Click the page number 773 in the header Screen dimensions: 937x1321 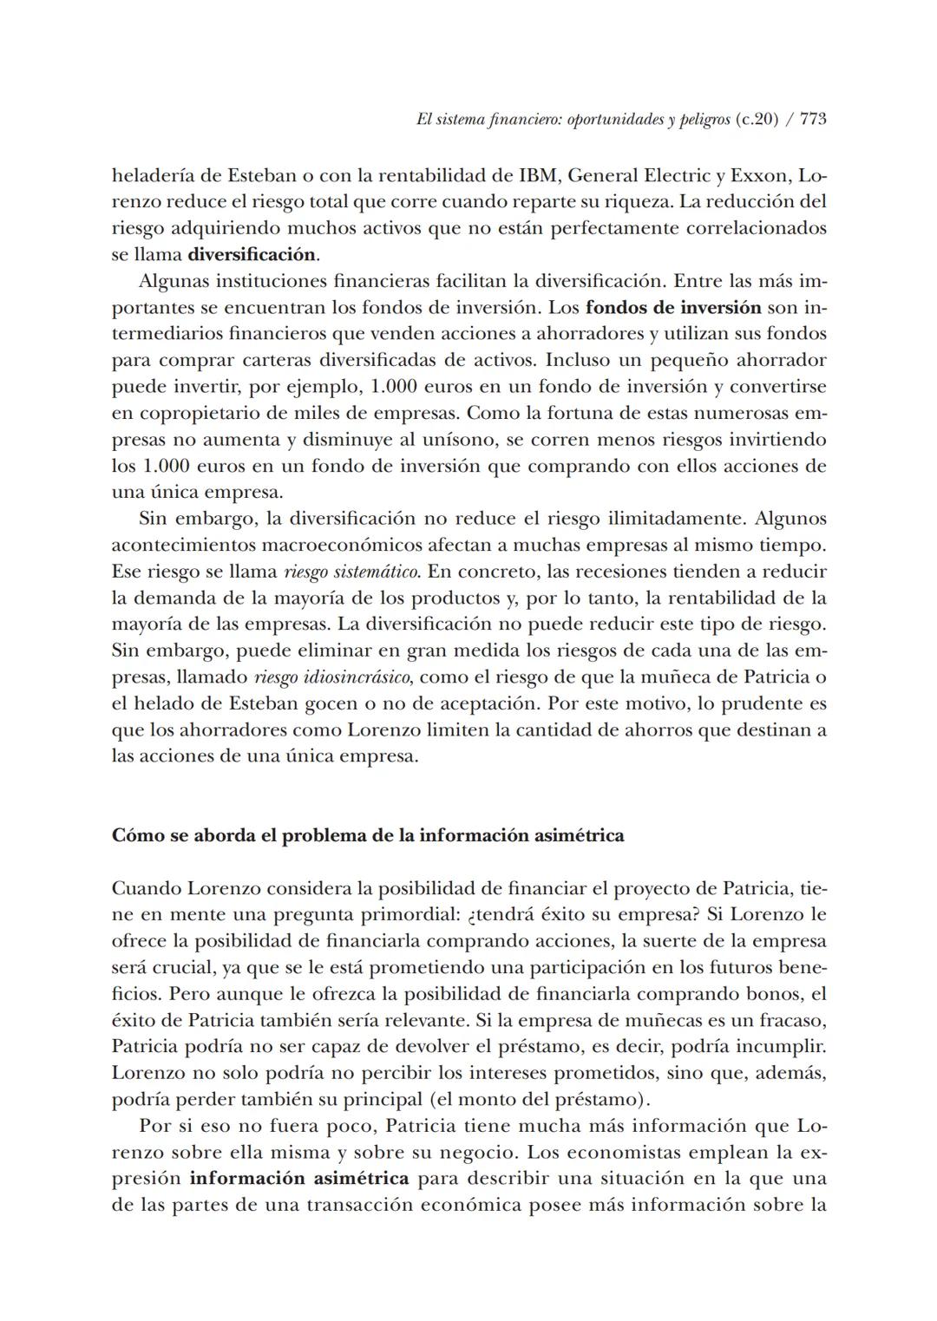813,121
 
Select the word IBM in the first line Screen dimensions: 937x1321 538,176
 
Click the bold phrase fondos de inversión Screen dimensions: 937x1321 673,308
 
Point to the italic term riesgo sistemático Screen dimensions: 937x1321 352,572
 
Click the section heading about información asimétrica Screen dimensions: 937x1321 368,836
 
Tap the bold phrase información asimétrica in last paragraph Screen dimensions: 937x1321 299,1179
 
